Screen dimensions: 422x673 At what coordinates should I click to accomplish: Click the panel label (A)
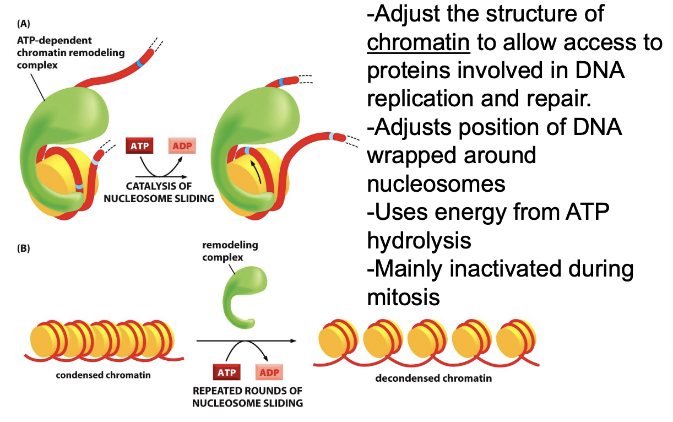tap(24, 24)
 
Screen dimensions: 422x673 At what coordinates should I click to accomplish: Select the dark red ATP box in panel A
tap(139, 146)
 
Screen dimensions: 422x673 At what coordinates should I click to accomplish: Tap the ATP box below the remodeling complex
tap(226, 372)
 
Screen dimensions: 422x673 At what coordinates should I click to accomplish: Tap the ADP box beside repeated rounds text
tap(269, 372)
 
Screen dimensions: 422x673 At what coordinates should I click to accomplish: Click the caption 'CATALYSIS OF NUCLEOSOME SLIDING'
tap(159, 192)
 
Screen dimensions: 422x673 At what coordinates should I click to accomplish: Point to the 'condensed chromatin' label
tap(103, 376)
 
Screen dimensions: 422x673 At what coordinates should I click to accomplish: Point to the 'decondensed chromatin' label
tap(433, 378)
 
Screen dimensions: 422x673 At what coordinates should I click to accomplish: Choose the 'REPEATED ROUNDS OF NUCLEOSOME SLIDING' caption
tap(247, 397)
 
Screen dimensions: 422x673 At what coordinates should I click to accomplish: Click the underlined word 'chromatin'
tap(418, 42)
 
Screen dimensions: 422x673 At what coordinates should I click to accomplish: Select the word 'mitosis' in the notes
tap(403, 297)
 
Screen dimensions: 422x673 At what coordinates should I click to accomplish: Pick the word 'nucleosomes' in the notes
tap(436, 183)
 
